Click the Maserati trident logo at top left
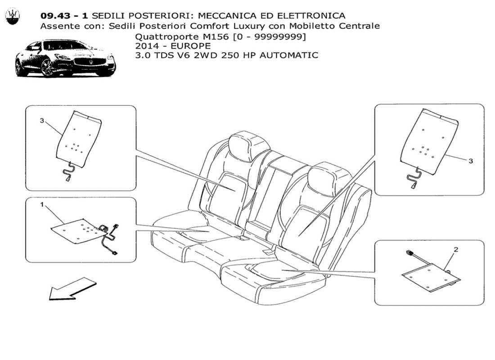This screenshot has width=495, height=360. tap(13, 16)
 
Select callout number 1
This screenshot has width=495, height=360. tap(42, 205)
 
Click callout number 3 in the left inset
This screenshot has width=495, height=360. tap(42, 121)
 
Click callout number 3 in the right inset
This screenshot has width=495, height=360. tap(470, 161)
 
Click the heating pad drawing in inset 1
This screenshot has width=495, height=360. tap(76, 229)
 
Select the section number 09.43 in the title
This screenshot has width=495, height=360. tap(55, 16)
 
